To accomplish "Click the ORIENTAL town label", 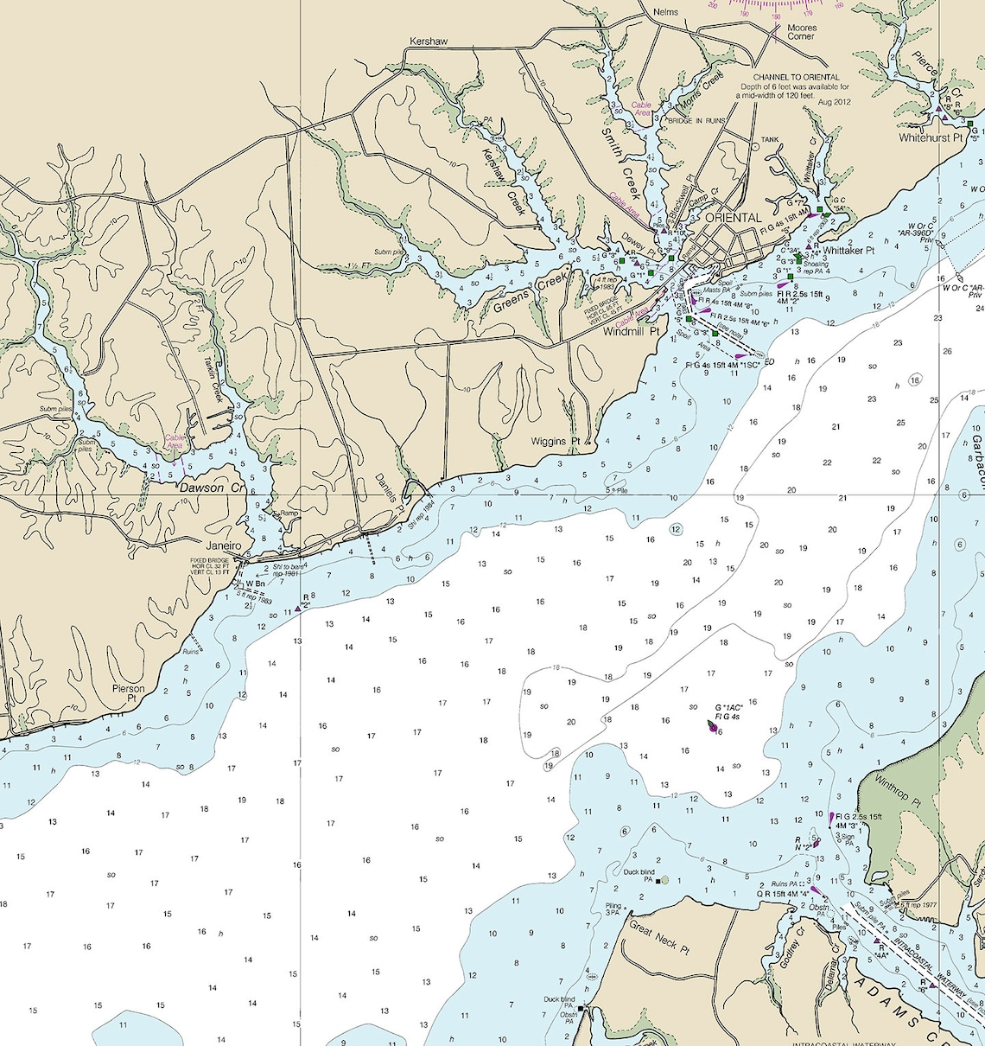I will [x=734, y=218].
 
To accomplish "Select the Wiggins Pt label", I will [x=556, y=442].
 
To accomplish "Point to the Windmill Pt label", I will [x=631, y=331].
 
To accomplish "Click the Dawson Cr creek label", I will [x=213, y=488].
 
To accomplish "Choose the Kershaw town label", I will [x=429, y=41].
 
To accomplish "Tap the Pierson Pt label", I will [x=129, y=693].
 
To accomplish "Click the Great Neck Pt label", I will [x=659, y=938].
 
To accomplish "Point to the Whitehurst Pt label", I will [x=931, y=137].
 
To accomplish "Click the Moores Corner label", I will [x=801, y=32].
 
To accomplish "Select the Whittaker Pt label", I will [x=848, y=251].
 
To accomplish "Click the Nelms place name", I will [x=666, y=12].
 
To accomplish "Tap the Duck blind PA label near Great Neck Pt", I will [x=639, y=872].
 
